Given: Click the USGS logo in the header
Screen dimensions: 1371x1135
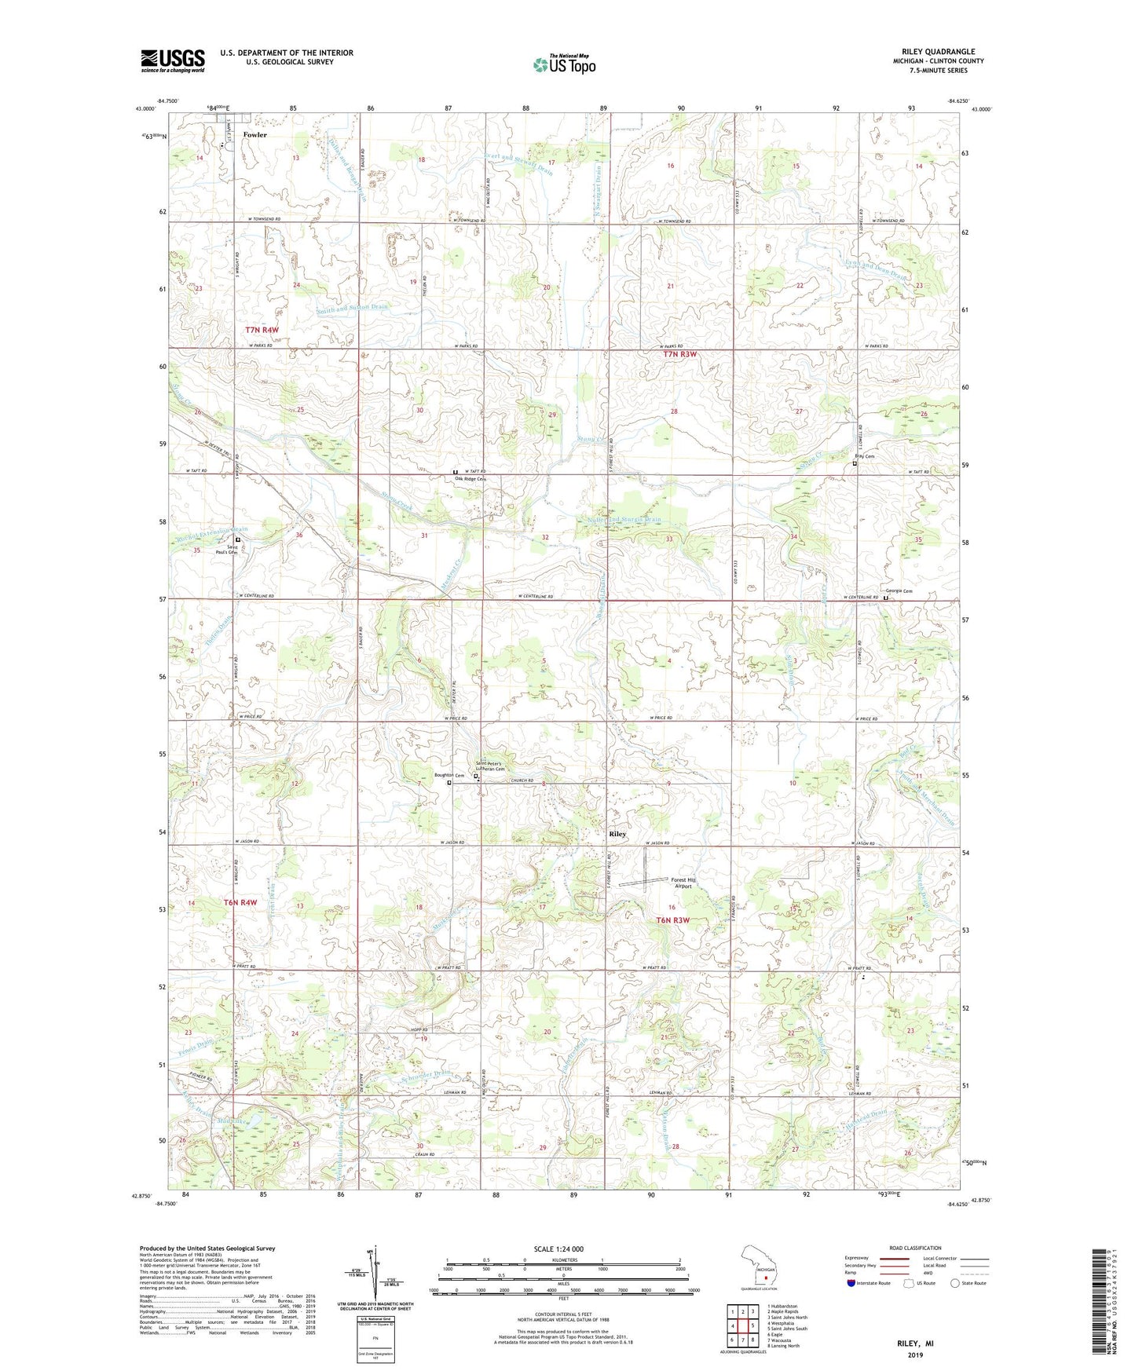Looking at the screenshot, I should (x=173, y=60).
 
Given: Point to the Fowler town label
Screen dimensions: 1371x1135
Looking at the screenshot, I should (x=254, y=135).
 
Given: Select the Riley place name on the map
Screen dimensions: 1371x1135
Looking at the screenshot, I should (x=617, y=834).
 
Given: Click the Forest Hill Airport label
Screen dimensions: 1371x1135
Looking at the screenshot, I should (x=683, y=883).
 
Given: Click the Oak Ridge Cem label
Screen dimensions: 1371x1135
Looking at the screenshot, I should (x=470, y=479).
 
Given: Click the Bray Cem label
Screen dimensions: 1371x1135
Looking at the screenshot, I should (x=864, y=456).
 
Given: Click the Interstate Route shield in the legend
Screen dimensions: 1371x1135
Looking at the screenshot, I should (x=853, y=1283).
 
